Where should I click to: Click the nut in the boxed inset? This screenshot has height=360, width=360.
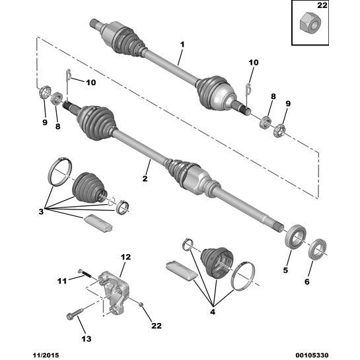click(x=310, y=24)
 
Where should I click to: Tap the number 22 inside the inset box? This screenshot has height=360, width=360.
click(x=322, y=5)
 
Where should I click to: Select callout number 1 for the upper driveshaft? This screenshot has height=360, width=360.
click(x=182, y=44)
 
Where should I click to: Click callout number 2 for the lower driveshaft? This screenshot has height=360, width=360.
click(x=145, y=178)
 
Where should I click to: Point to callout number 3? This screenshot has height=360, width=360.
click(x=41, y=211)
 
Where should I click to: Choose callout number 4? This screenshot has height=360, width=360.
click(x=213, y=312)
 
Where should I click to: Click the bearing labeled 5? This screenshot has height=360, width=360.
click(x=295, y=237)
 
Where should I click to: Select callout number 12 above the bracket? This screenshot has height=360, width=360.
click(x=126, y=257)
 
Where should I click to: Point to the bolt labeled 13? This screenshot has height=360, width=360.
click(x=75, y=313)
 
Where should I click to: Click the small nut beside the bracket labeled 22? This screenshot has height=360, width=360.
click(x=141, y=305)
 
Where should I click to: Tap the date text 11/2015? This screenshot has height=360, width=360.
click(x=45, y=355)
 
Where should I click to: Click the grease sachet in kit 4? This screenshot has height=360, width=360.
click(x=181, y=271)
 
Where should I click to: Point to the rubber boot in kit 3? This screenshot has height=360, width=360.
click(x=89, y=188)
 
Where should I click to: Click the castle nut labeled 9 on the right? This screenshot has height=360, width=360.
click(x=280, y=130)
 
